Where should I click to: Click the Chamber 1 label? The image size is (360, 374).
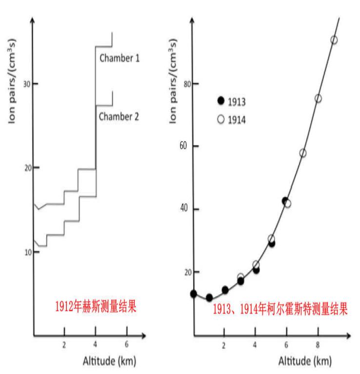coord(120,58)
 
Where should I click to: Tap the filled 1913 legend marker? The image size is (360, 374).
coord(220,101)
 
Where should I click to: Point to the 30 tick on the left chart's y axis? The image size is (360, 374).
coord(27,84)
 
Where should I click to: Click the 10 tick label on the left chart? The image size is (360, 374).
coord(27,252)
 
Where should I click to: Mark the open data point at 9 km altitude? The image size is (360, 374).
coord(334,40)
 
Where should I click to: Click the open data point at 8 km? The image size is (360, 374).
coord(318,98)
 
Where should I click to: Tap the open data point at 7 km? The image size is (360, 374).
coord(303,153)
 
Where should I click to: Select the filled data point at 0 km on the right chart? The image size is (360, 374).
coord(194,294)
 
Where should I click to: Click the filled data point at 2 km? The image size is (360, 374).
coord(225,290)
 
